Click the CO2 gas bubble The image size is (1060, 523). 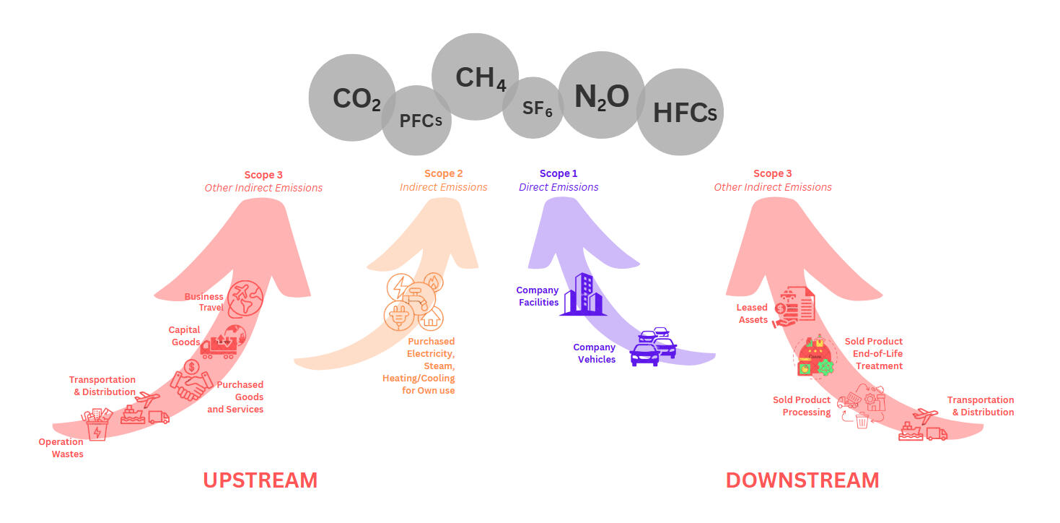(x=351, y=98)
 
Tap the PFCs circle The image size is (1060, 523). (x=417, y=121)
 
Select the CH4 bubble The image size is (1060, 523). (x=475, y=77)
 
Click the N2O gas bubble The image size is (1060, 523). (x=601, y=95)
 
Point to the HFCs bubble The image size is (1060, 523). (x=680, y=112)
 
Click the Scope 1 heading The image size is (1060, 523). (x=559, y=173)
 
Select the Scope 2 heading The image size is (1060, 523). (x=443, y=173)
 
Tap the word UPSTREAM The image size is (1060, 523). (x=260, y=480)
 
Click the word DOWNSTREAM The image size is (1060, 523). (x=802, y=480)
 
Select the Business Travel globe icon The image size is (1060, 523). (x=245, y=298)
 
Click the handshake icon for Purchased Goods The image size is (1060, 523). (x=190, y=380)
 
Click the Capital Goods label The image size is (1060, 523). (x=185, y=336)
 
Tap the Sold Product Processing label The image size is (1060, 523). (x=802, y=406)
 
